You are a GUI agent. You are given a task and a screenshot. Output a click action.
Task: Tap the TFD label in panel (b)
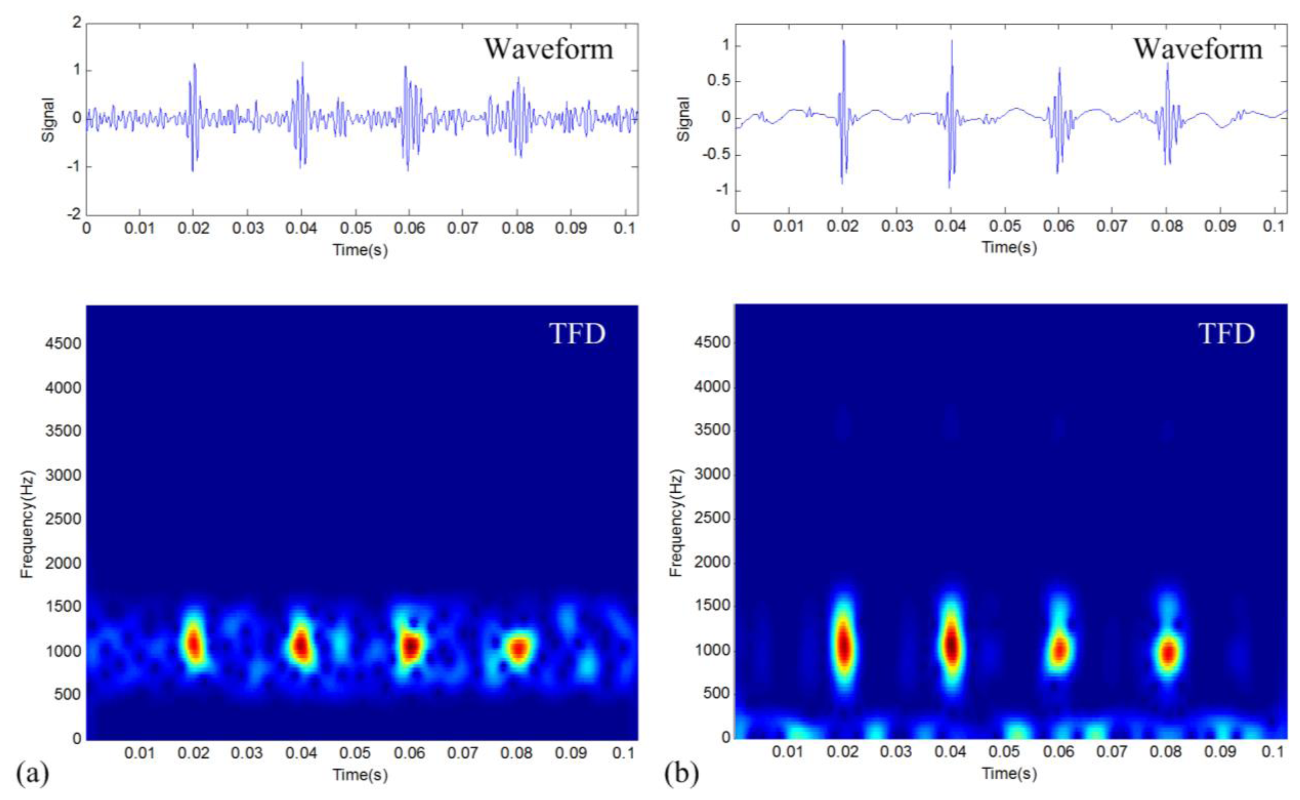[1226, 334]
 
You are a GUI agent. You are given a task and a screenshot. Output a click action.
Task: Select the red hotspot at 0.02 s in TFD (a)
[194, 644]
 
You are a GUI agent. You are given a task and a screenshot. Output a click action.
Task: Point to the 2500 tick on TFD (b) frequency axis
[712, 517]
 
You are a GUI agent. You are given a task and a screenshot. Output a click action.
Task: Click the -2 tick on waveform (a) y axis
[75, 214]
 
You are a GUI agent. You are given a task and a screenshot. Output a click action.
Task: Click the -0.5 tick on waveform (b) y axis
[717, 154]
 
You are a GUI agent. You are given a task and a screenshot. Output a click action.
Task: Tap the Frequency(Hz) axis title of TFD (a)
[27, 524]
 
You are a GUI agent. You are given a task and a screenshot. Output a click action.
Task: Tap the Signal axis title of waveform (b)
[684, 119]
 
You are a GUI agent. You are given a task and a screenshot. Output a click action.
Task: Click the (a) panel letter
[32, 774]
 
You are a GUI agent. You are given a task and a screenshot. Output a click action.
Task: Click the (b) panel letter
[681, 774]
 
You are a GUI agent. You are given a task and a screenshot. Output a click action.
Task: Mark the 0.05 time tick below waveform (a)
[355, 229]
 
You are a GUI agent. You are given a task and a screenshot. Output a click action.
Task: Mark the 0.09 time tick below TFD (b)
[1220, 752]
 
